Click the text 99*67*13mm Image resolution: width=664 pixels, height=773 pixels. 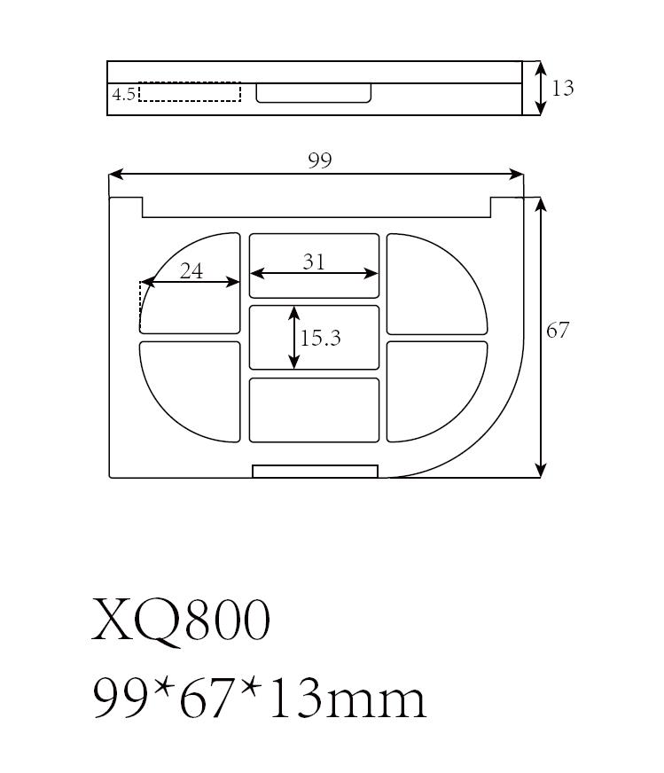[x=259, y=699]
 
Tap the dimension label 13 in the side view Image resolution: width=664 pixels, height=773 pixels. [x=562, y=88]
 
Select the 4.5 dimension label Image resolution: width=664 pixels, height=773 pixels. [x=123, y=93]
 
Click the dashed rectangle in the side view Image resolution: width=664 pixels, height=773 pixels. [x=190, y=92]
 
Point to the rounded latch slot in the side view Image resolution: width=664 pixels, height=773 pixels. [x=314, y=92]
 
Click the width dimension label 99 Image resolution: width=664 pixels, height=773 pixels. [x=319, y=160]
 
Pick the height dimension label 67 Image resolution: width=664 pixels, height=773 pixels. [x=557, y=331]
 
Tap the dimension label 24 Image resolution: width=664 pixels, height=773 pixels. [x=191, y=271]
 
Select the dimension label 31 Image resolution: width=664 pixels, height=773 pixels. [x=314, y=262]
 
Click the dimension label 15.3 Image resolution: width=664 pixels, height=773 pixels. [x=320, y=338]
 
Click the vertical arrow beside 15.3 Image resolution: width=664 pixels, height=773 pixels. [x=294, y=338]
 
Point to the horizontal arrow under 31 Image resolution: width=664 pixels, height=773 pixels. [x=314, y=274]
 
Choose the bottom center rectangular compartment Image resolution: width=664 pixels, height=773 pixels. [x=314, y=410]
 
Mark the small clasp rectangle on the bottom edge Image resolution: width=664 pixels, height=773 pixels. [x=315, y=471]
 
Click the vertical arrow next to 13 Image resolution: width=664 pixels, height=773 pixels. [x=539, y=88]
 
